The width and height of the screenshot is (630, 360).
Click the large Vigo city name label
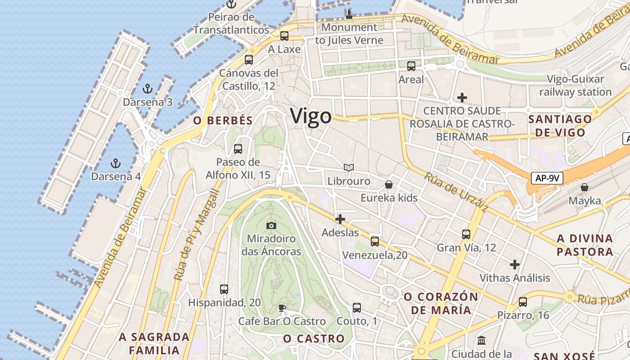click(x=311, y=116)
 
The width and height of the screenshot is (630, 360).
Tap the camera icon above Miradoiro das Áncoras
click(x=271, y=225)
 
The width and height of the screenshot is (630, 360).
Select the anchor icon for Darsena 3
click(x=147, y=89)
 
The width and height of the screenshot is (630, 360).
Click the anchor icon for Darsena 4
click(x=116, y=163)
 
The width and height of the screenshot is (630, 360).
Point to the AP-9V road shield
click(x=547, y=178)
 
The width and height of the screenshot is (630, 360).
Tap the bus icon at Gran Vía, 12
click(x=466, y=234)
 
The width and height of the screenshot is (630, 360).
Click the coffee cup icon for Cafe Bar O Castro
click(x=282, y=308)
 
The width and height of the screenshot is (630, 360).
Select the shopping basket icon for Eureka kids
click(x=389, y=185)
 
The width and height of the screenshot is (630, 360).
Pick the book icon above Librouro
click(x=349, y=168)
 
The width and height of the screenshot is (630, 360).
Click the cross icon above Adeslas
click(x=340, y=219)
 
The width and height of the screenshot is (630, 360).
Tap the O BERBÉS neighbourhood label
click(x=223, y=121)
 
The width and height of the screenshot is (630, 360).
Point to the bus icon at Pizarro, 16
click(x=523, y=302)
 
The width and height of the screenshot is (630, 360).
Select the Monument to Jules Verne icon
click(x=349, y=14)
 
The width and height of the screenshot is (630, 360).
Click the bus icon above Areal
click(x=411, y=66)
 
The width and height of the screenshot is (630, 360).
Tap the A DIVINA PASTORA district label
click(x=585, y=245)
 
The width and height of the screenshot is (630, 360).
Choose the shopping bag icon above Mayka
click(x=585, y=187)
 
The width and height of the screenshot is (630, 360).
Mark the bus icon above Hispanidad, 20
click(x=224, y=289)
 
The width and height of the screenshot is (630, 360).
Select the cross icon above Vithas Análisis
click(x=515, y=265)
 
